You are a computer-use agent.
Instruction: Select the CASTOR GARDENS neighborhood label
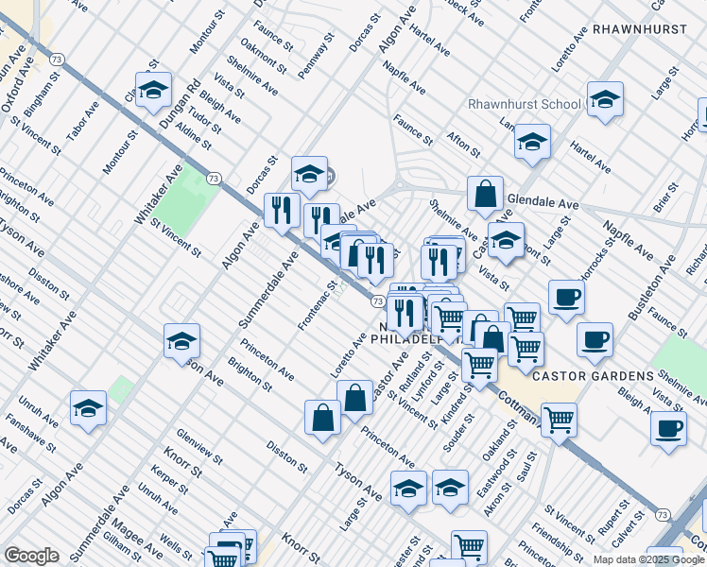(x=593, y=376)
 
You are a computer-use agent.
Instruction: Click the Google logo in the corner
(x=31, y=556)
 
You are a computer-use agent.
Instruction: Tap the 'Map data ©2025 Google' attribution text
(x=648, y=559)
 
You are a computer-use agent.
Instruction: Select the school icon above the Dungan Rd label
(x=153, y=92)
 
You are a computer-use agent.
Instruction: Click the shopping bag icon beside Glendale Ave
(x=485, y=194)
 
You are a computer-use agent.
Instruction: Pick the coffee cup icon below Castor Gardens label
(x=668, y=428)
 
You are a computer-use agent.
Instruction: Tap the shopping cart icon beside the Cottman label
(x=559, y=418)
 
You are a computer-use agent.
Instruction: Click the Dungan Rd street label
(x=181, y=104)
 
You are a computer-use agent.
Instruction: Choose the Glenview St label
(x=198, y=445)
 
